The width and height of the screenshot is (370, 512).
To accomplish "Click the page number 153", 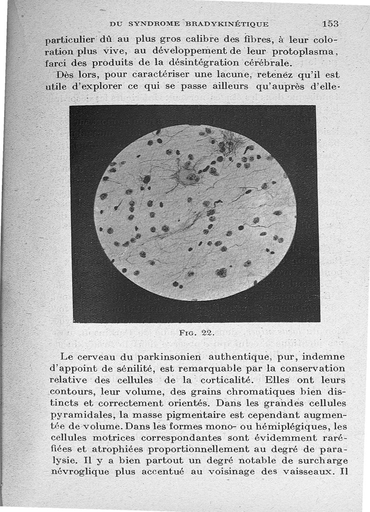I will tap(331, 23).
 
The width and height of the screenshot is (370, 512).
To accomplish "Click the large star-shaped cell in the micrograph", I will tap(187, 176).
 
